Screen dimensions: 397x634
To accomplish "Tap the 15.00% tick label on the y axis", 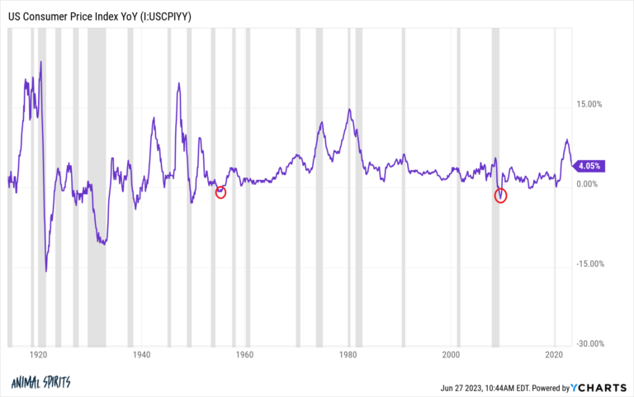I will (593, 104).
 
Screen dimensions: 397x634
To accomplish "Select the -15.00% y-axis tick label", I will (592, 264).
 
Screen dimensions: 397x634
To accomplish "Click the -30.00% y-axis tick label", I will (592, 344).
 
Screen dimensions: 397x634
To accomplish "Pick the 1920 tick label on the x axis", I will (36, 355).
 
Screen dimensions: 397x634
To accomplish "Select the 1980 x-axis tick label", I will (348, 355).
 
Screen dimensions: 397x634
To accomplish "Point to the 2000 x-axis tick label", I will (451, 355).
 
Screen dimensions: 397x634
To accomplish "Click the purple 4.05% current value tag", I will (590, 165).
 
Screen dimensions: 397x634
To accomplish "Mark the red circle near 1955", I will (220, 192).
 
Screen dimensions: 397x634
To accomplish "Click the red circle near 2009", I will (500, 196).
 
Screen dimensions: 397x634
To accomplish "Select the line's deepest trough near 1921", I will (46, 271).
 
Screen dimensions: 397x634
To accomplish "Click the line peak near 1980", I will (349, 109).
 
